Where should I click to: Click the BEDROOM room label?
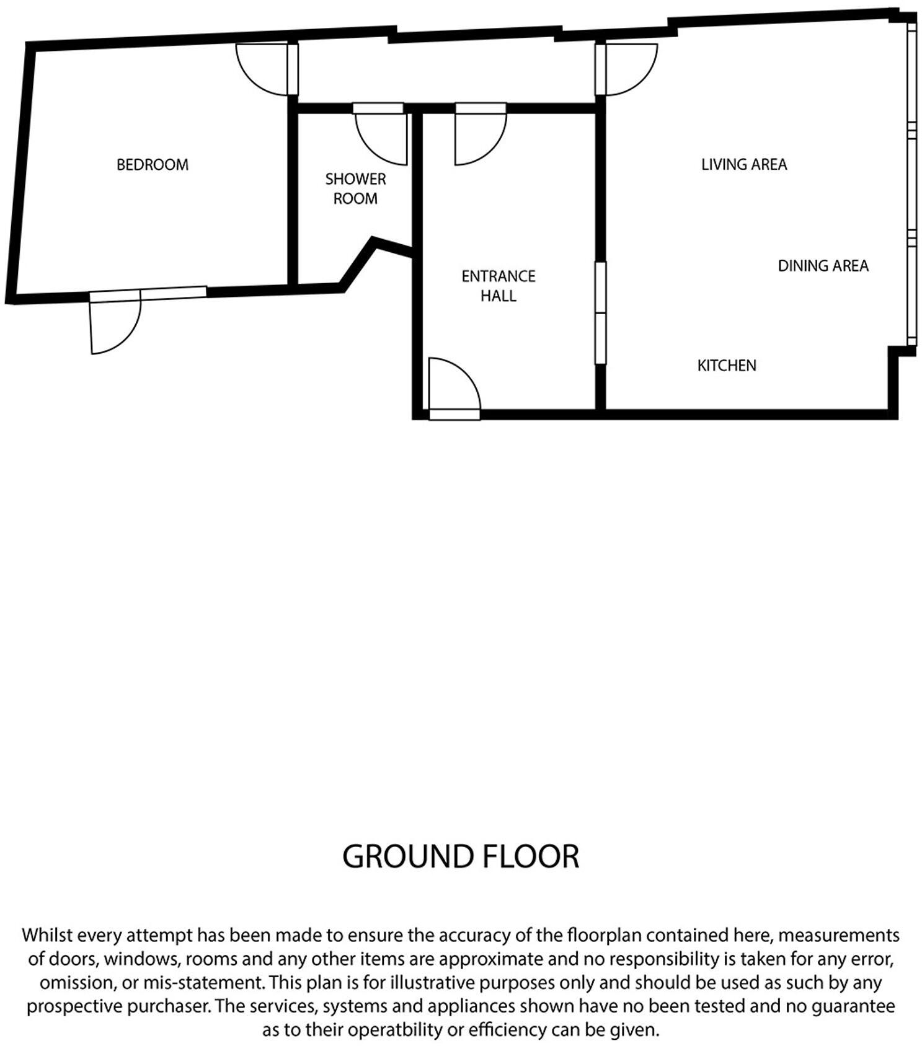point(153,165)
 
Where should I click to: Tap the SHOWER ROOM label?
point(355,188)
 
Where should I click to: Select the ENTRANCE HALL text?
point(498,286)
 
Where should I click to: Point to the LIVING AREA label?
point(744,164)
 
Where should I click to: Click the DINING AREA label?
point(823,266)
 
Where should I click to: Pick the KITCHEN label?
point(727,366)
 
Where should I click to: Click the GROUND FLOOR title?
point(460,856)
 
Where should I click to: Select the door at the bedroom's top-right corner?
point(264,69)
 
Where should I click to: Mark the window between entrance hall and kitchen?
point(600,313)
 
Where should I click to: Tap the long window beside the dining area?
point(911,186)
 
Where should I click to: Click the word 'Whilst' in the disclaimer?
point(47,934)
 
